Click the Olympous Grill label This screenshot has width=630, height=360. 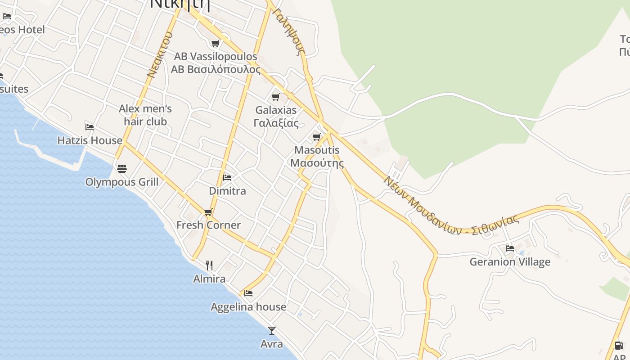point(122,182)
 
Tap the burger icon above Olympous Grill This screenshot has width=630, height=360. point(122,169)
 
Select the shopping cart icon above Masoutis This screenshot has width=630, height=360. point(317,137)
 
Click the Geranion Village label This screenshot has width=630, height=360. point(510,262)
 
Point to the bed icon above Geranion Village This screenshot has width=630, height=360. point(510,248)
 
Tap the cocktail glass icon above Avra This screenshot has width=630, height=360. point(272,331)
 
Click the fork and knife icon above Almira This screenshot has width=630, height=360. point(209,265)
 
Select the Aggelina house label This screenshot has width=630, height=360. point(248,307)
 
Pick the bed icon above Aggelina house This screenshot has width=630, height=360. point(248,293)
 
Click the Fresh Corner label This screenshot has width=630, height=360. point(208,225)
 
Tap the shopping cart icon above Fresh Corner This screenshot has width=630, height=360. point(208,212)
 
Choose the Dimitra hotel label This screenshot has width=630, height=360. point(228,191)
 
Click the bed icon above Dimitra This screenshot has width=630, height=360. point(227,178)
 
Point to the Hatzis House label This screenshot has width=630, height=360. point(90,140)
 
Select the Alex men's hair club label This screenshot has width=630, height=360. point(145,115)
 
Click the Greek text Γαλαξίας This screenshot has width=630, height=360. point(276,123)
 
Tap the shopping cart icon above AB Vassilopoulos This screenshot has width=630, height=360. point(216,43)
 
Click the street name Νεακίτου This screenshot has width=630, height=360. point(160,54)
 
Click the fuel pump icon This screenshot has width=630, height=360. point(619,346)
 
